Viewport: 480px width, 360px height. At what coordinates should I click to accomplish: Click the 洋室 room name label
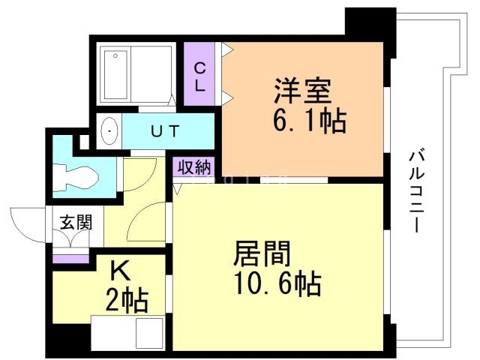(x=302, y=91)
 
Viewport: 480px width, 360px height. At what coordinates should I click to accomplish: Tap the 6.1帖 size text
(x=309, y=120)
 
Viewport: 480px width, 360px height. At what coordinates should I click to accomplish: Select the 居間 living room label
(x=262, y=253)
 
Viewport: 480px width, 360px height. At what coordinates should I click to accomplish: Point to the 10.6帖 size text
(x=278, y=283)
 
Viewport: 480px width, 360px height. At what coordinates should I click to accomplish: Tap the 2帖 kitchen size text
(x=127, y=301)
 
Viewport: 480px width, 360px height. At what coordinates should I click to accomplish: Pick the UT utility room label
(x=165, y=131)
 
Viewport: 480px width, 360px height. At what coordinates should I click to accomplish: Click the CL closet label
(x=200, y=76)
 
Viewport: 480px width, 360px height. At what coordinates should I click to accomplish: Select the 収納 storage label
(x=194, y=167)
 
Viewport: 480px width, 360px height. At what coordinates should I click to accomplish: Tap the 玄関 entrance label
(x=76, y=222)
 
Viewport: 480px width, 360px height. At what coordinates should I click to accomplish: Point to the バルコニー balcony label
(x=417, y=191)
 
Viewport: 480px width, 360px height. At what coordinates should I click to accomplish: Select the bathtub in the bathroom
(x=115, y=74)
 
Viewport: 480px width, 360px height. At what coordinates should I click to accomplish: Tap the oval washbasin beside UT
(x=109, y=131)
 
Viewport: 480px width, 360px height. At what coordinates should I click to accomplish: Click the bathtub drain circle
(x=115, y=55)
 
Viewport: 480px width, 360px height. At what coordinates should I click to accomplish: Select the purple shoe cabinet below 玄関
(x=70, y=259)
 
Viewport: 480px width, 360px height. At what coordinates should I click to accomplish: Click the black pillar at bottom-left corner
(x=68, y=340)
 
